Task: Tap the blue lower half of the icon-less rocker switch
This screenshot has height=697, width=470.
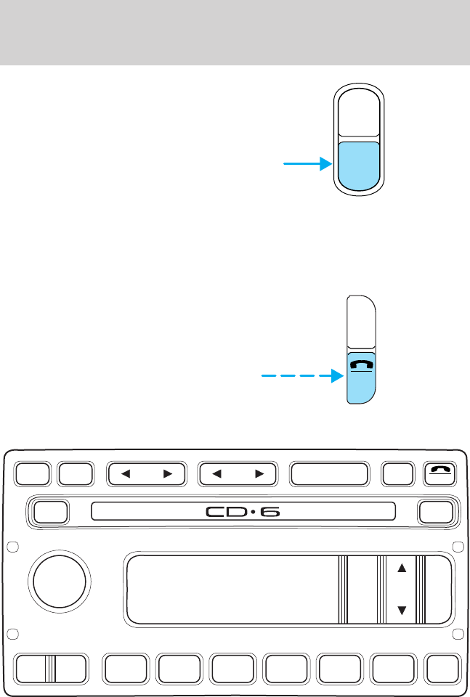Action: coord(359,163)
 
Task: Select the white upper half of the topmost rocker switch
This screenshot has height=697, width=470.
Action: coord(359,112)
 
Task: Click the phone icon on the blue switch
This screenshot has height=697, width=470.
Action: coord(360,367)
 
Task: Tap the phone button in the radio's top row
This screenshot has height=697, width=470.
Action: coord(439,474)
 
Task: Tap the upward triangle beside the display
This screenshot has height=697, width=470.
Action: coord(400,568)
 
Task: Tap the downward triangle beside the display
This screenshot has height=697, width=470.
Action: coord(400,612)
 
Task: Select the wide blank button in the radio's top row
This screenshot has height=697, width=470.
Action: coord(328,474)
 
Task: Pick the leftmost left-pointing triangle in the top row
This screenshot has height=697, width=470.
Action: coord(124,474)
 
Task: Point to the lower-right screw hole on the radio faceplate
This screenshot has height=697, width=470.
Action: coord(458,635)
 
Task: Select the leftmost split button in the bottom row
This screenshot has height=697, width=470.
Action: coord(51,669)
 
